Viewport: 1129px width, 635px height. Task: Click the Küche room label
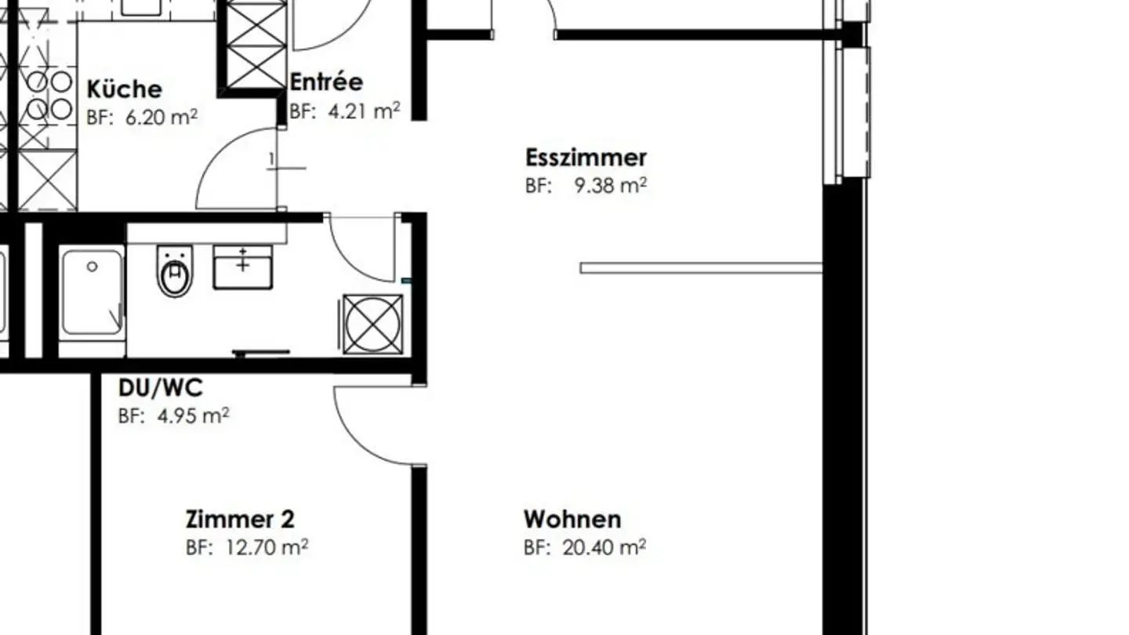(124, 89)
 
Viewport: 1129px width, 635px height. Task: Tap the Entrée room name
(326, 82)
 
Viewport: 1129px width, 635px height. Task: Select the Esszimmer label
(586, 158)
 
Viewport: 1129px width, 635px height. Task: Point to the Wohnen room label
(572, 519)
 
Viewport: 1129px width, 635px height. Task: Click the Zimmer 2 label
(240, 519)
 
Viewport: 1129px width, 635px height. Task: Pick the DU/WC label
(160, 387)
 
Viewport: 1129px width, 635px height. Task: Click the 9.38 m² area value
(610, 187)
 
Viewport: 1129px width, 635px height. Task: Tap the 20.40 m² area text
(604, 547)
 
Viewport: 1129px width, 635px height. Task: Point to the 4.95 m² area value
(193, 415)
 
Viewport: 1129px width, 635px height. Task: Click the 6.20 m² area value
(161, 118)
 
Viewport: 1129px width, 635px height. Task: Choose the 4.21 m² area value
(364, 111)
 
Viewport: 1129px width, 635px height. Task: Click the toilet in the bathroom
(174, 271)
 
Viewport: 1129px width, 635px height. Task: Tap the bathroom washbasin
(243, 267)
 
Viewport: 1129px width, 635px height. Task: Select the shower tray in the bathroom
(92, 292)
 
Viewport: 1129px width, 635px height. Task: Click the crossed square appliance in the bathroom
(373, 324)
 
